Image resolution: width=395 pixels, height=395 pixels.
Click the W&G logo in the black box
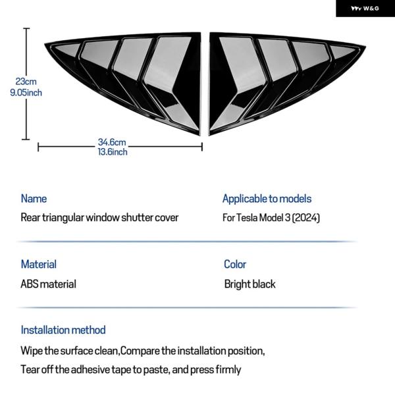point(365,9)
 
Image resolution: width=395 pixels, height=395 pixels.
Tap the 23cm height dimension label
point(26,82)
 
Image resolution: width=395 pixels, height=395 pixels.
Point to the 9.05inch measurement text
point(26,93)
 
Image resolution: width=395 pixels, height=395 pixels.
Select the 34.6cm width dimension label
point(112,142)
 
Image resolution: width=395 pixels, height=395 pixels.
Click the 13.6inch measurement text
point(113,152)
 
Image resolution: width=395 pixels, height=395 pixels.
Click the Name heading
point(34,199)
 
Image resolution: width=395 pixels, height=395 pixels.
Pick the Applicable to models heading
point(267,199)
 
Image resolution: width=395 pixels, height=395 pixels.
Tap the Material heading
point(39,264)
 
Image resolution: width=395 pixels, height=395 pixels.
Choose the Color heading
point(235,264)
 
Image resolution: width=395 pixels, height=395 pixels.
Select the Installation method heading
point(63,330)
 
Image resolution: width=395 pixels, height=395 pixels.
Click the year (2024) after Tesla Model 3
point(306,218)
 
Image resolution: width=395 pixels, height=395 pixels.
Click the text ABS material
point(48,284)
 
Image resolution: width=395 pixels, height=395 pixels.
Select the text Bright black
point(250,284)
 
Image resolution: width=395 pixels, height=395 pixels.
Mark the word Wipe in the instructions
point(32,351)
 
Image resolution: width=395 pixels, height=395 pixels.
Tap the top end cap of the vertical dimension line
point(26,28)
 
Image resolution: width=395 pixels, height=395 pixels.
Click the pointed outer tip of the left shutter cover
point(45,45)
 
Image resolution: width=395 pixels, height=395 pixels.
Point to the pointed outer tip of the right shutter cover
point(365,46)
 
